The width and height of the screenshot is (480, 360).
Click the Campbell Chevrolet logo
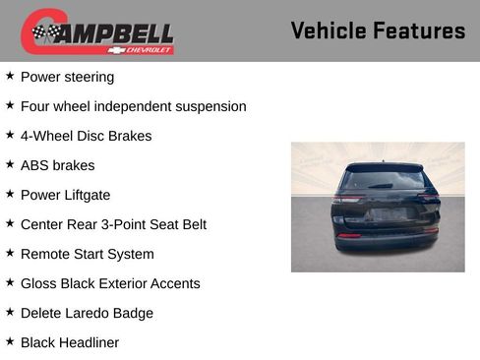(x=97, y=32)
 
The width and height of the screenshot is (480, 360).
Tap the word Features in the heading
(x=420, y=30)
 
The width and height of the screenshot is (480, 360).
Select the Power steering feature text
(x=67, y=77)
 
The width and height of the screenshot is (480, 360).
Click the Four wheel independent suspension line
(x=133, y=106)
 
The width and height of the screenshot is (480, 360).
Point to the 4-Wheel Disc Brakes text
(x=86, y=136)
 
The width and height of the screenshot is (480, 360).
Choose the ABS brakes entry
(x=57, y=165)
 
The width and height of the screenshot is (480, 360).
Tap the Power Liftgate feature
(x=65, y=195)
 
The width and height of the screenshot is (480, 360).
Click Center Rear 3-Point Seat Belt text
(x=113, y=224)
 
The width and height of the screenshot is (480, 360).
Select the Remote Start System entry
(x=87, y=254)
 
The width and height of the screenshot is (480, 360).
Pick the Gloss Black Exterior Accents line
(x=110, y=283)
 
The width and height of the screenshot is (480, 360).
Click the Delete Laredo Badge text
(x=87, y=313)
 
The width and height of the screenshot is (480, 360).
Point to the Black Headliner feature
(x=69, y=342)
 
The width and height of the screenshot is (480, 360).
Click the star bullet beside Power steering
(x=10, y=76)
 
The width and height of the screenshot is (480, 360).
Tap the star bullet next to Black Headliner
(x=10, y=341)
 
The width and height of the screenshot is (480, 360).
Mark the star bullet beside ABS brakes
(x=10, y=164)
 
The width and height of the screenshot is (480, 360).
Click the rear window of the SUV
(x=383, y=180)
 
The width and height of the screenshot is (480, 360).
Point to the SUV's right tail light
(x=429, y=198)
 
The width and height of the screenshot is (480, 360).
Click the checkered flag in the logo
(x=43, y=32)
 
